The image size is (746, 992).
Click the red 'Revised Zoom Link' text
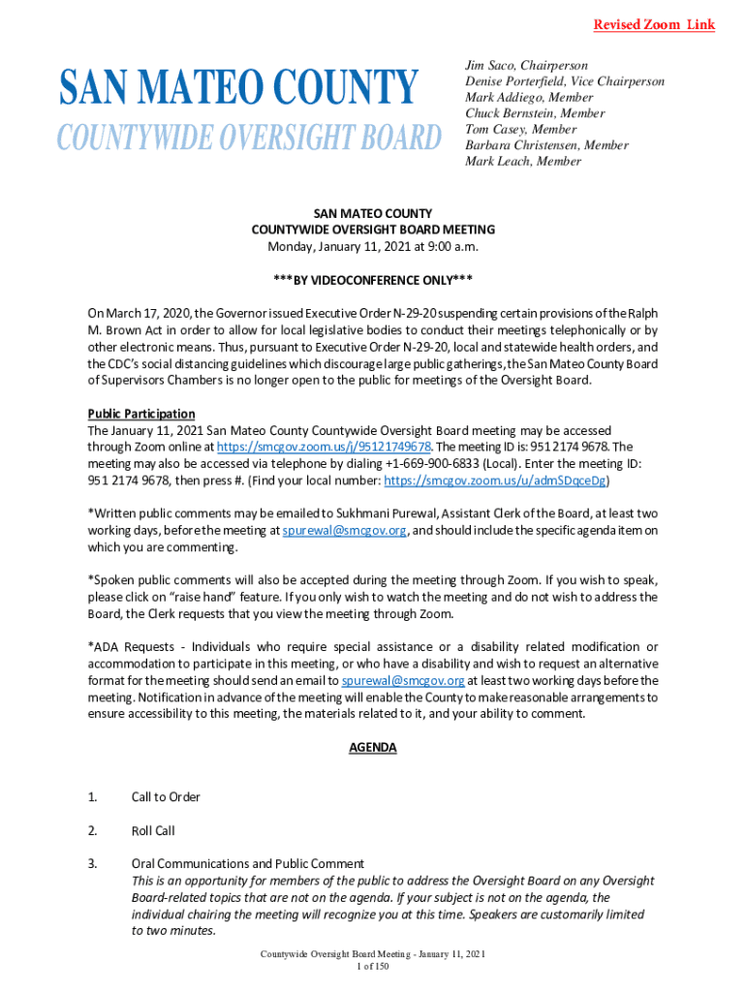tap(654, 24)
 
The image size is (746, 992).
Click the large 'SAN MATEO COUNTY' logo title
tap(238, 88)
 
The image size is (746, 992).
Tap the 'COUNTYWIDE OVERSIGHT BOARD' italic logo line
tap(248, 138)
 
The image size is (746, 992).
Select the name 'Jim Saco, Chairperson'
tap(526, 66)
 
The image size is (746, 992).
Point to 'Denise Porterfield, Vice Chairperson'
tap(564, 81)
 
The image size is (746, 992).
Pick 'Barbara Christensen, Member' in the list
tap(546, 145)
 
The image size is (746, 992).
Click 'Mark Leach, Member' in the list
tap(523, 161)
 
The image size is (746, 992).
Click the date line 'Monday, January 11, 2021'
tap(373, 246)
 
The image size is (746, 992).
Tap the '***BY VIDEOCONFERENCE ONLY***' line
tap(373, 280)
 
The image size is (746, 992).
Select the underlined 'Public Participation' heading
tap(141, 414)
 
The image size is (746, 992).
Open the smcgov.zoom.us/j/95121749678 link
tap(324, 447)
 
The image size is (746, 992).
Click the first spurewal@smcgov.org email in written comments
tap(344, 531)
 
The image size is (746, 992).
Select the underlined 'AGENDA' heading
tap(373, 748)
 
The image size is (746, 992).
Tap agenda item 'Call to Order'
tap(166, 797)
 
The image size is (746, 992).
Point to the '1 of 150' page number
tap(373, 967)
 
